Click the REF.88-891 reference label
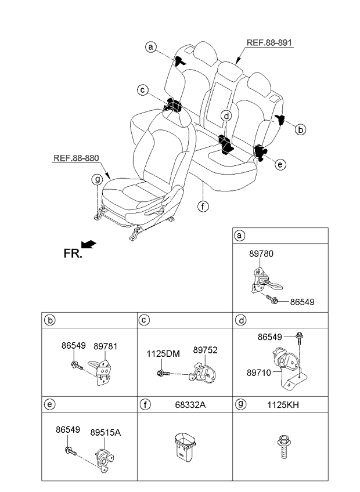click(269, 43)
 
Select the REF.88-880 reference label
click(76, 158)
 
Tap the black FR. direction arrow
click(89, 244)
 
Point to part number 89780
click(261, 254)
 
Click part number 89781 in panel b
click(106, 346)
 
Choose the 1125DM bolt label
click(163, 354)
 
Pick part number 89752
click(205, 350)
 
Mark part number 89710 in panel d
click(258, 372)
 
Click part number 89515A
click(106, 432)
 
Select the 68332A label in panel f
click(190, 405)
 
